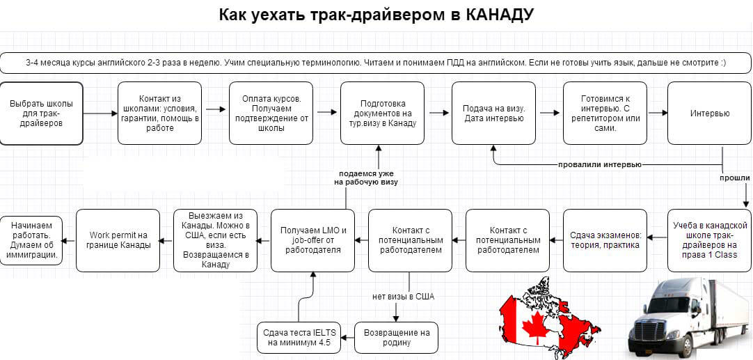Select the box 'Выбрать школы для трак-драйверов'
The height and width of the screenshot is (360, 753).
[41, 114]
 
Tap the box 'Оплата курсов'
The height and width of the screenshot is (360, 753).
[271, 114]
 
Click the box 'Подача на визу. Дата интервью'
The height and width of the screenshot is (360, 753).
[493, 114]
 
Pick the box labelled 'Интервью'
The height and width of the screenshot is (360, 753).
[710, 114]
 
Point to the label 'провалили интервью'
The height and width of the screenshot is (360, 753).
[600, 165]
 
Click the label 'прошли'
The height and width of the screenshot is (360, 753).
[734, 178]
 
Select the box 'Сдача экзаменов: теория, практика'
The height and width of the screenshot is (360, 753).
[605, 240]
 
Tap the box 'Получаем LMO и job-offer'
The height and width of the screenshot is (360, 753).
[312, 240]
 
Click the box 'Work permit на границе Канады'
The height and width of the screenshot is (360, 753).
[118, 240]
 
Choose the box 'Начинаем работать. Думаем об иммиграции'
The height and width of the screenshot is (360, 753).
[31, 240]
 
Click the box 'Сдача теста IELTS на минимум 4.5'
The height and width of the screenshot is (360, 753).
[299, 338]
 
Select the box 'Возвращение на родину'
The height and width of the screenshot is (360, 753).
[396, 338]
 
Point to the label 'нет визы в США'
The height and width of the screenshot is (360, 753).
[404, 297]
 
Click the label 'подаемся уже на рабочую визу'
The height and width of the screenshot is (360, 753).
[368, 178]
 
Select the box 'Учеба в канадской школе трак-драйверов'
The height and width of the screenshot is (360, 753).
[710, 240]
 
